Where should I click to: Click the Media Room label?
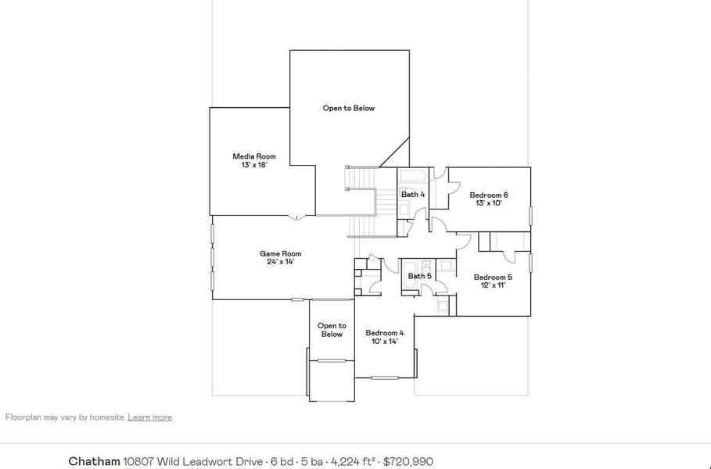pos(254,156)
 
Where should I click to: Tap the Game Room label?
pos(280,253)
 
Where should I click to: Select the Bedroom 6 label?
pos(489,195)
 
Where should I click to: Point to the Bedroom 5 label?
pos(493,277)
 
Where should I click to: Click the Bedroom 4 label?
pos(385,333)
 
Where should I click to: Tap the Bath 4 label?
pos(413,194)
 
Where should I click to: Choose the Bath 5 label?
pos(419,276)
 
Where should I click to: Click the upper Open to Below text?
pos(349,108)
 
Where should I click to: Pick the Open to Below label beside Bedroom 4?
pos(332,330)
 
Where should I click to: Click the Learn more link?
pos(149,417)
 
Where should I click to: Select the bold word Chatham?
pos(94,462)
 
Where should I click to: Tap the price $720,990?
pos(408,462)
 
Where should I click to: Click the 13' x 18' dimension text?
pos(255,165)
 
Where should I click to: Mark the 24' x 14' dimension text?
pos(280,262)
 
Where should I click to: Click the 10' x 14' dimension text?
pos(385,341)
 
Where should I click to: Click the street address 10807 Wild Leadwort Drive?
pos(192,462)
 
